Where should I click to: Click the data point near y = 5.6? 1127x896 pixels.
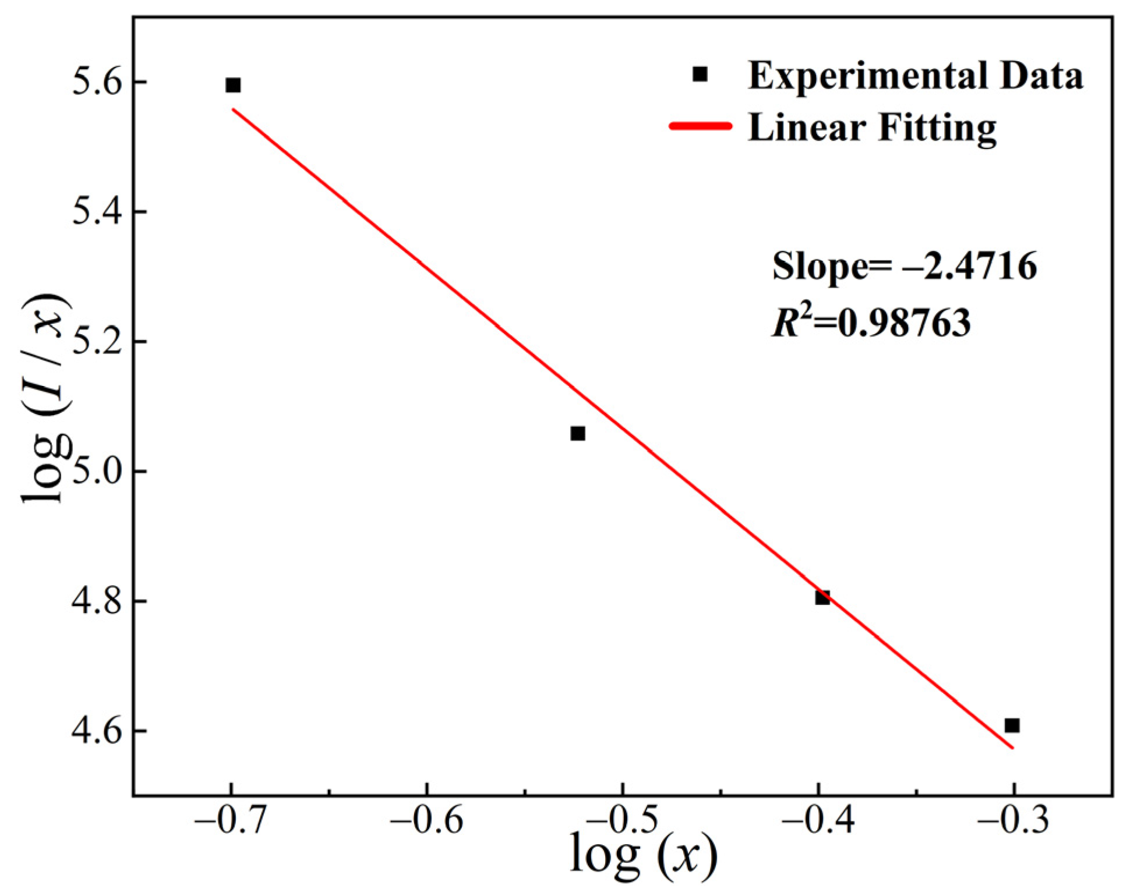tap(233, 86)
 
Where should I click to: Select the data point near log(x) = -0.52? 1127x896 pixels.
tap(577, 434)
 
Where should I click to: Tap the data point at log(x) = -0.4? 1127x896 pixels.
tap(822, 597)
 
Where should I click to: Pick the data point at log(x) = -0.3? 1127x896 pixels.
tap(1012, 725)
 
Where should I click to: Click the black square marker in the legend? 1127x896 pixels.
tap(699, 75)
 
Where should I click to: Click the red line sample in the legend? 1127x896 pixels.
tap(701, 126)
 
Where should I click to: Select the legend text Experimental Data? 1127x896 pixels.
tap(915, 76)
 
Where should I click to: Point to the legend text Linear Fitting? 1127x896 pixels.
tap(872, 127)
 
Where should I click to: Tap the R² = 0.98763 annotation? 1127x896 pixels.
tap(871, 322)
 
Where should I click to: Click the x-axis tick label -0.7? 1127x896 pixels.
tap(231, 820)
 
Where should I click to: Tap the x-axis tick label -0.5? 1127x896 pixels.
tap(623, 820)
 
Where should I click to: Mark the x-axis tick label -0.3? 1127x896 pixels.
tap(1013, 820)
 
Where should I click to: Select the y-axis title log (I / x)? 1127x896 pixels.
tap(45, 399)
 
